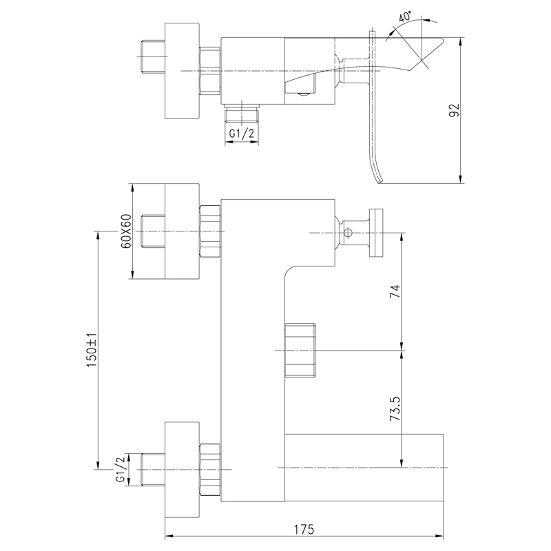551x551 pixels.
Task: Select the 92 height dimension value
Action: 453,110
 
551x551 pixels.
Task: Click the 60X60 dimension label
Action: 125,231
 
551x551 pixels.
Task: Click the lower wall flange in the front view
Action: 182,468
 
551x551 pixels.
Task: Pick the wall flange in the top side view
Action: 182,71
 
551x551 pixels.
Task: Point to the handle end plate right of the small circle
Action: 377,233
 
